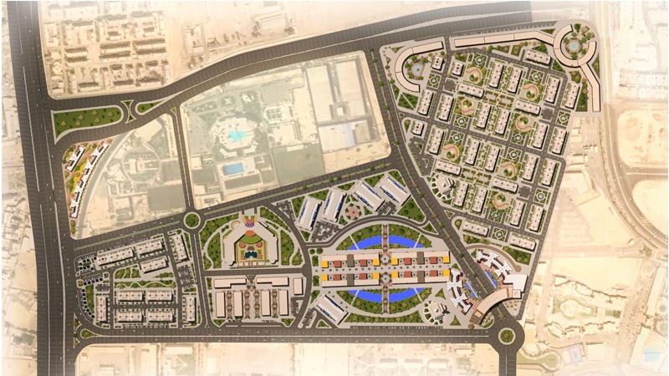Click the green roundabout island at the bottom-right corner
(x=507, y=336)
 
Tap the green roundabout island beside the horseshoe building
(x=192, y=221)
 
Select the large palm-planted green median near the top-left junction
(x=88, y=120)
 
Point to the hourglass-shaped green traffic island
(x=130, y=109)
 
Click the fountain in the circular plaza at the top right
(x=577, y=47)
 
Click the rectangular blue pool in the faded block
(x=235, y=169)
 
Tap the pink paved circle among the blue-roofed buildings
(x=365, y=196)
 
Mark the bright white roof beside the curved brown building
(x=513, y=282)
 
